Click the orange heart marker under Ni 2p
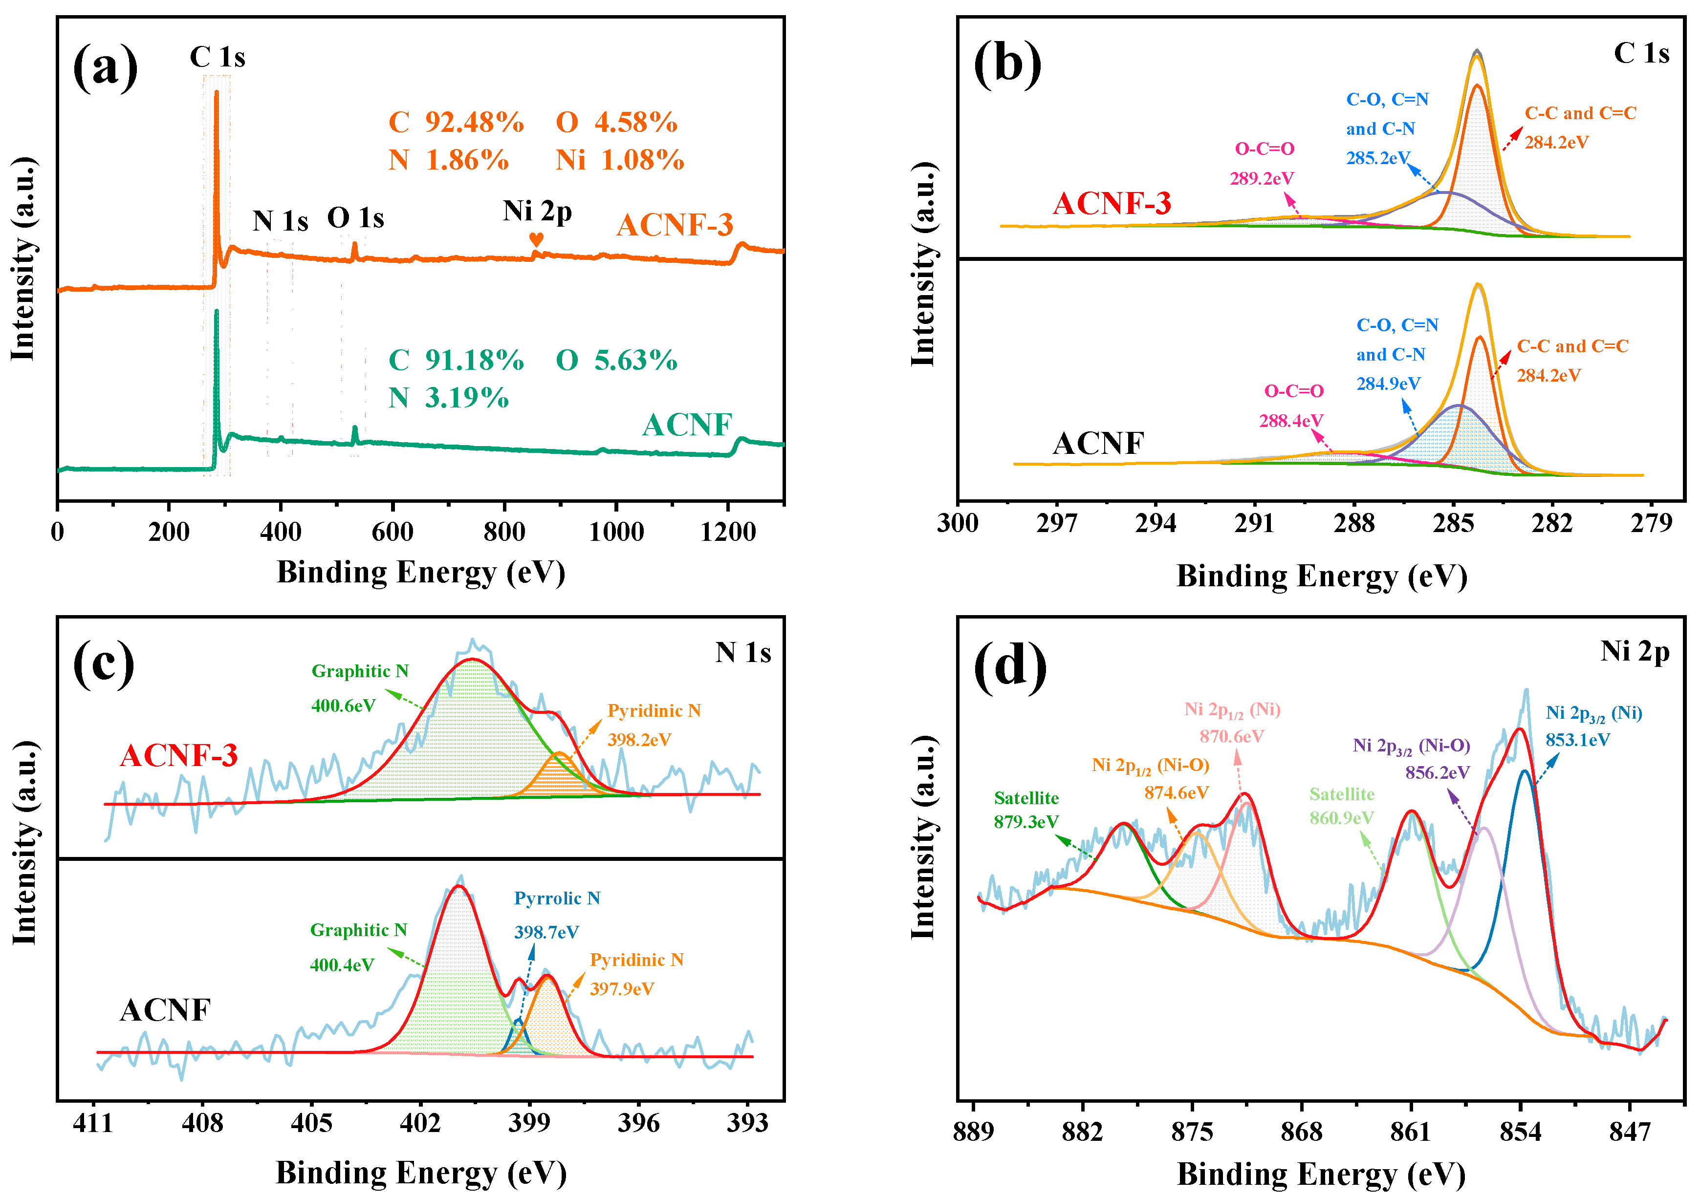(x=536, y=239)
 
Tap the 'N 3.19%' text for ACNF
(x=448, y=398)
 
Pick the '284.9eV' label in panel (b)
(x=1388, y=384)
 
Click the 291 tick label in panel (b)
(x=1254, y=524)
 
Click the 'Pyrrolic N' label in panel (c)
(x=557, y=898)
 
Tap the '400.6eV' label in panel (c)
(x=343, y=705)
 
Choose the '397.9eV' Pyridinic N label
(x=622, y=989)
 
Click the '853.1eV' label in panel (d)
(x=1577, y=740)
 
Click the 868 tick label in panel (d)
(x=1301, y=1132)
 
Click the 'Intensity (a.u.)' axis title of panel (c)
(x=24, y=843)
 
